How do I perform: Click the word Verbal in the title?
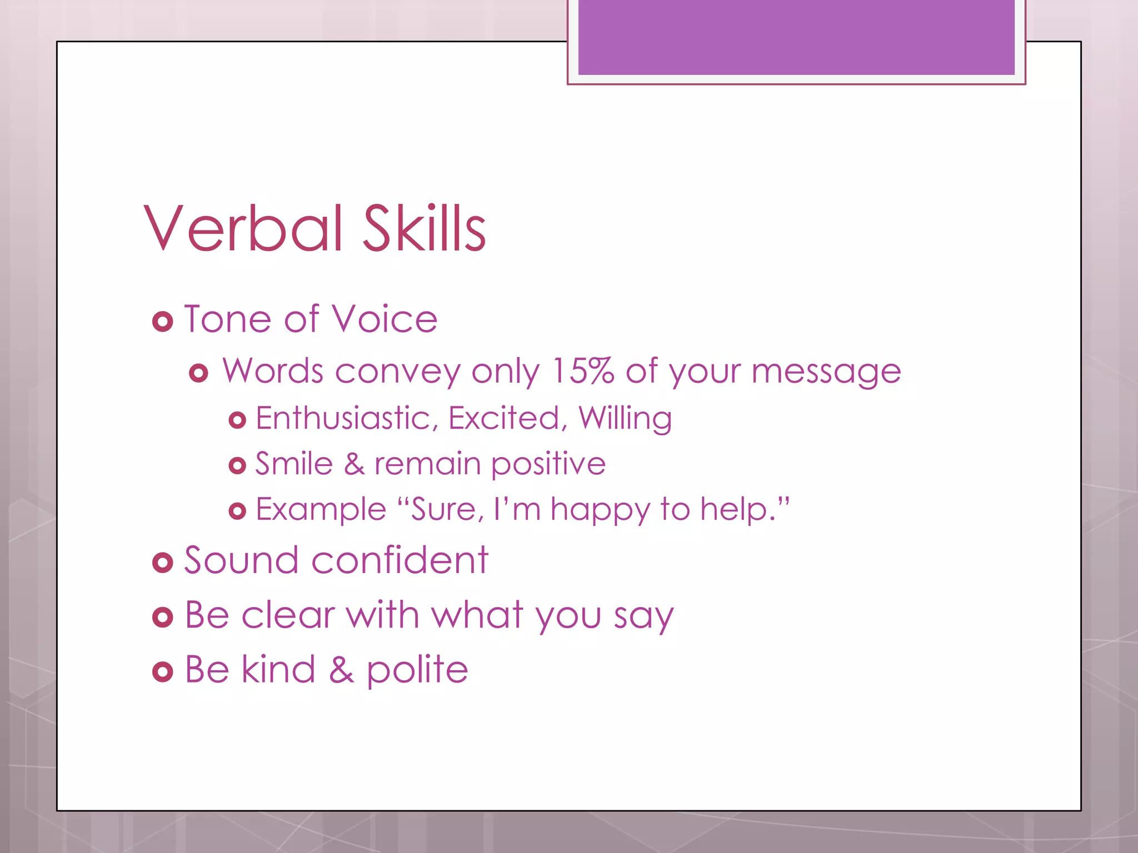[243, 228]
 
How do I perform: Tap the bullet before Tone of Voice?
[162, 322]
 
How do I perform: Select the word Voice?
[385, 319]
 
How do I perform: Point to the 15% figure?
[582, 370]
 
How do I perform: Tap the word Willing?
[625, 418]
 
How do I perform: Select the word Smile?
[293, 464]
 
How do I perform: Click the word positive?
[548, 465]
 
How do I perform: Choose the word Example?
[321, 510]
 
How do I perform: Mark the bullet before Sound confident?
[162, 563]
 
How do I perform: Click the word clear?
[288, 615]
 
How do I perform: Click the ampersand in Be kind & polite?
[341, 670]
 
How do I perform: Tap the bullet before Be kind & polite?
[162, 672]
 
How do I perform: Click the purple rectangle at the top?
[796, 37]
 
